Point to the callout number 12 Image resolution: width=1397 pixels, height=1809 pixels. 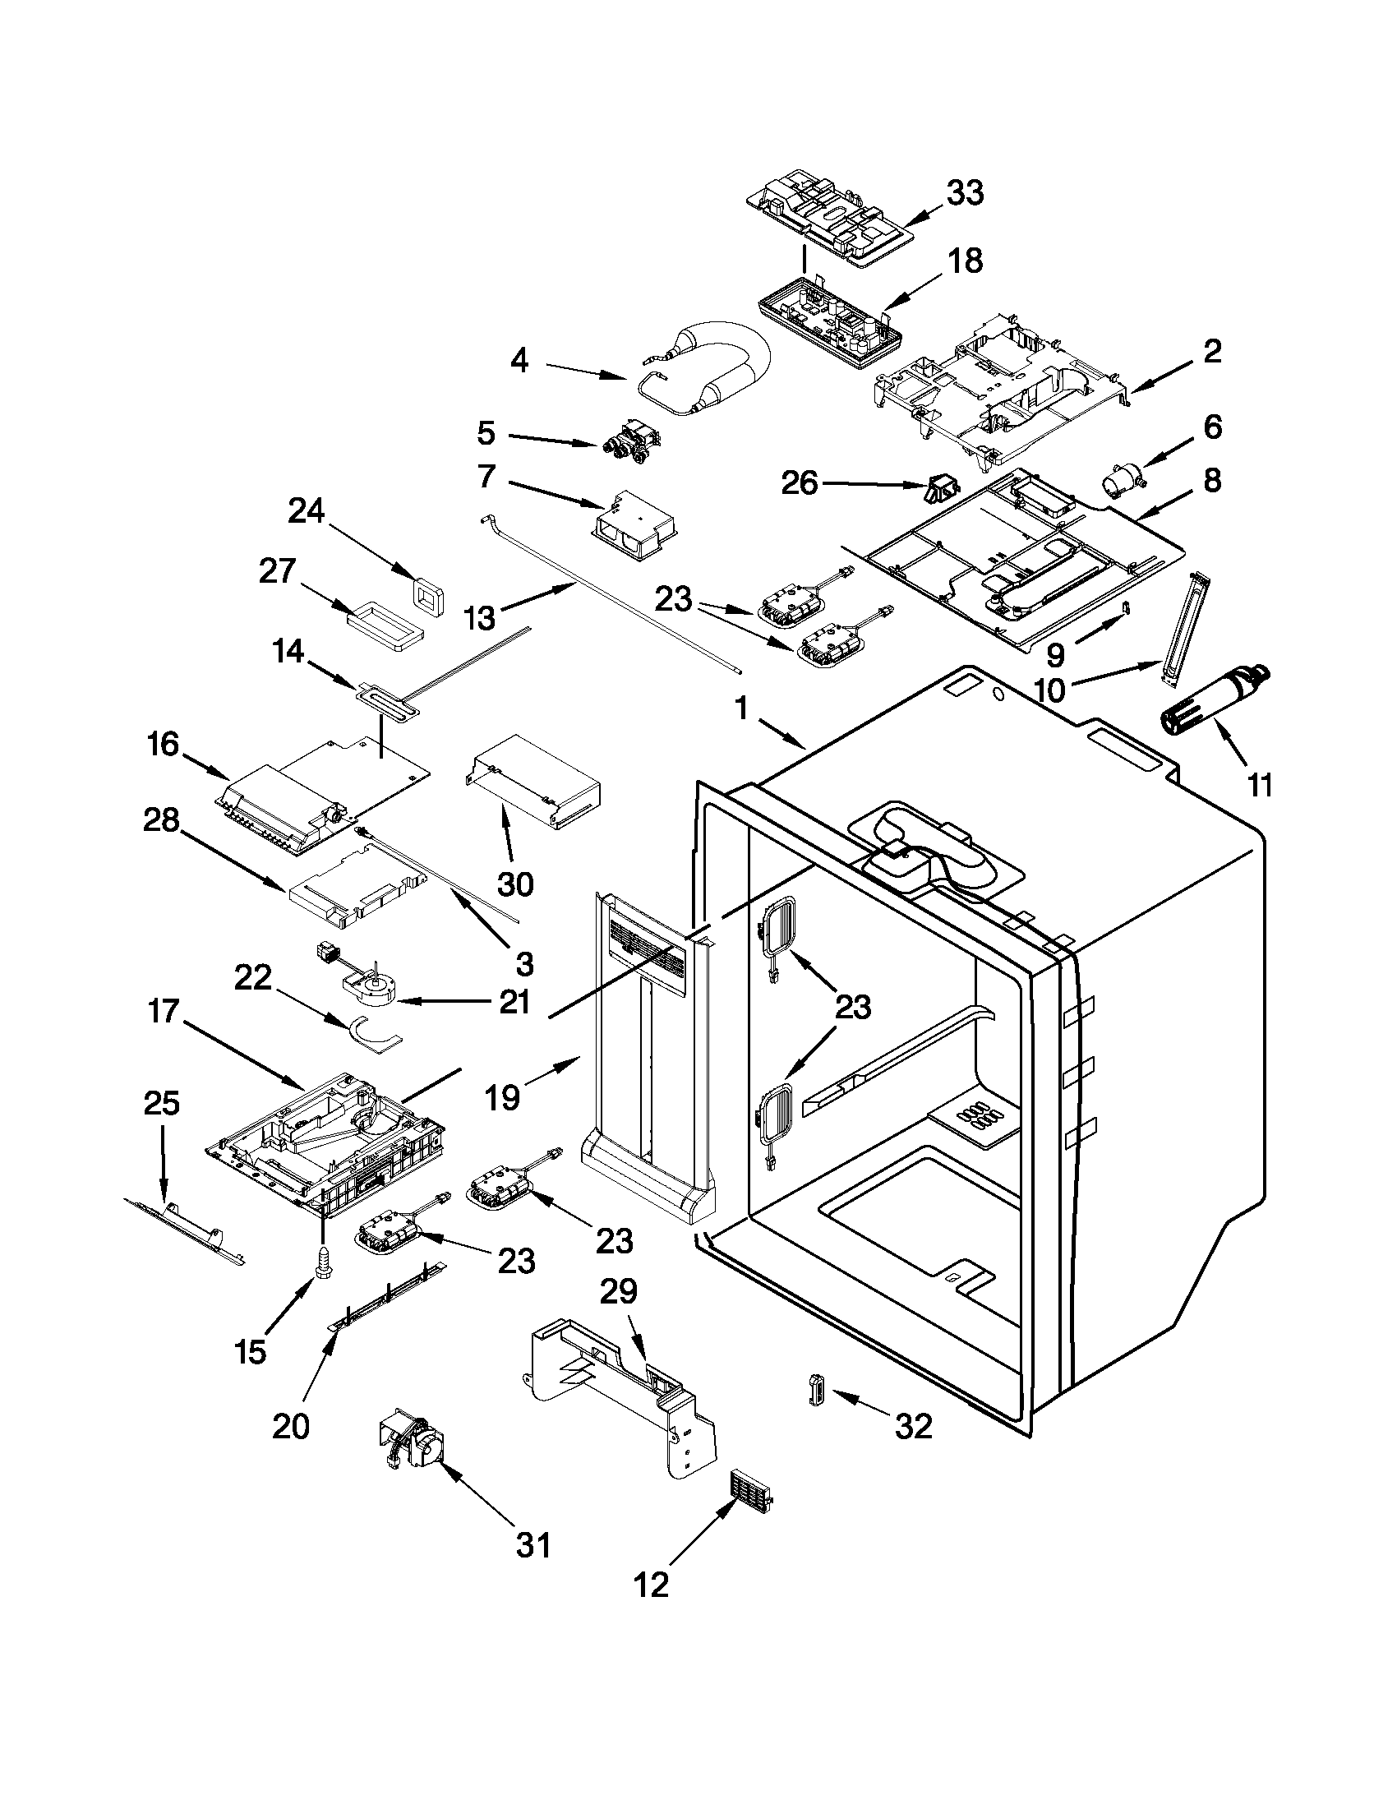point(651,1585)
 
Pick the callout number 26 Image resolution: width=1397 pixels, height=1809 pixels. point(800,482)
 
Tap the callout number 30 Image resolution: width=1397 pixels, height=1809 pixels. point(514,884)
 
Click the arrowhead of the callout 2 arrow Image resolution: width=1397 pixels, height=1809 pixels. point(1134,389)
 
